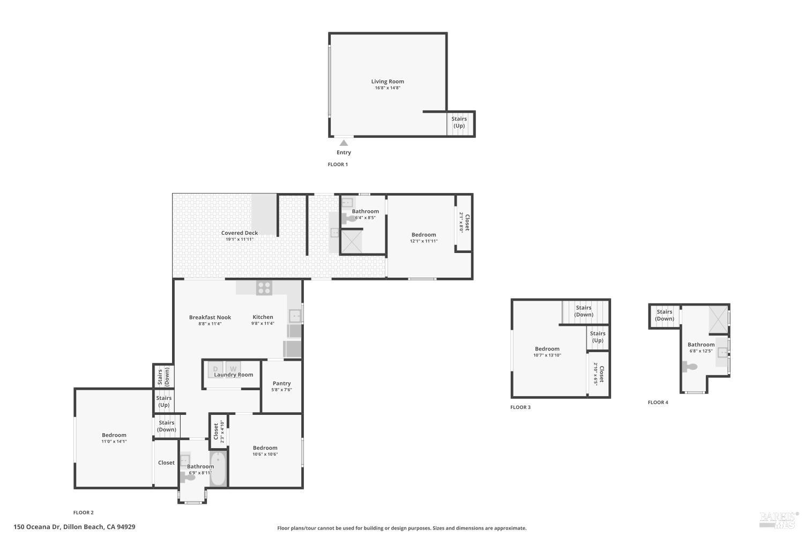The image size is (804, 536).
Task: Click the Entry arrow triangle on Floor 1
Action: coord(344,143)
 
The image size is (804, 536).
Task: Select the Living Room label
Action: coord(388,81)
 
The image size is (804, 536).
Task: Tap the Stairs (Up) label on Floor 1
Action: coord(459,122)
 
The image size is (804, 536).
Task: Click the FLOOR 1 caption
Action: coord(338,165)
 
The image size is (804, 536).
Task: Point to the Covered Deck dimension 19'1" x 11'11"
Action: coord(239,240)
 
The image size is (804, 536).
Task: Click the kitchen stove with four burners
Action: coord(264,288)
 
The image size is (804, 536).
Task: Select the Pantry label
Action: coord(281,383)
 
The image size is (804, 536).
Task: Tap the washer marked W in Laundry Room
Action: coord(233,369)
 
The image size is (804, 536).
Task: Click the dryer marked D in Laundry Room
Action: coord(215,369)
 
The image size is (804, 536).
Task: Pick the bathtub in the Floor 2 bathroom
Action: coord(218,470)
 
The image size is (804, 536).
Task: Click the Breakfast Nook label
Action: coord(210,317)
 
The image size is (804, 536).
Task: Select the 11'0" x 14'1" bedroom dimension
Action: coord(114,442)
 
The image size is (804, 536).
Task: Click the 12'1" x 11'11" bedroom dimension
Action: coord(423,241)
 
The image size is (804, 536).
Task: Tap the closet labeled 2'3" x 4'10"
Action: coord(218,431)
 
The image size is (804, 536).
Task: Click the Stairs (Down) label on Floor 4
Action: coord(664,315)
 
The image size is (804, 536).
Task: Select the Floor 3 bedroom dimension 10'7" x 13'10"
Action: coord(547,355)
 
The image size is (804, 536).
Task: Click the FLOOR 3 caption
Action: coord(520,407)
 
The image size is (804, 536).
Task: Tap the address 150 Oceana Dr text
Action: coord(75,527)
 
